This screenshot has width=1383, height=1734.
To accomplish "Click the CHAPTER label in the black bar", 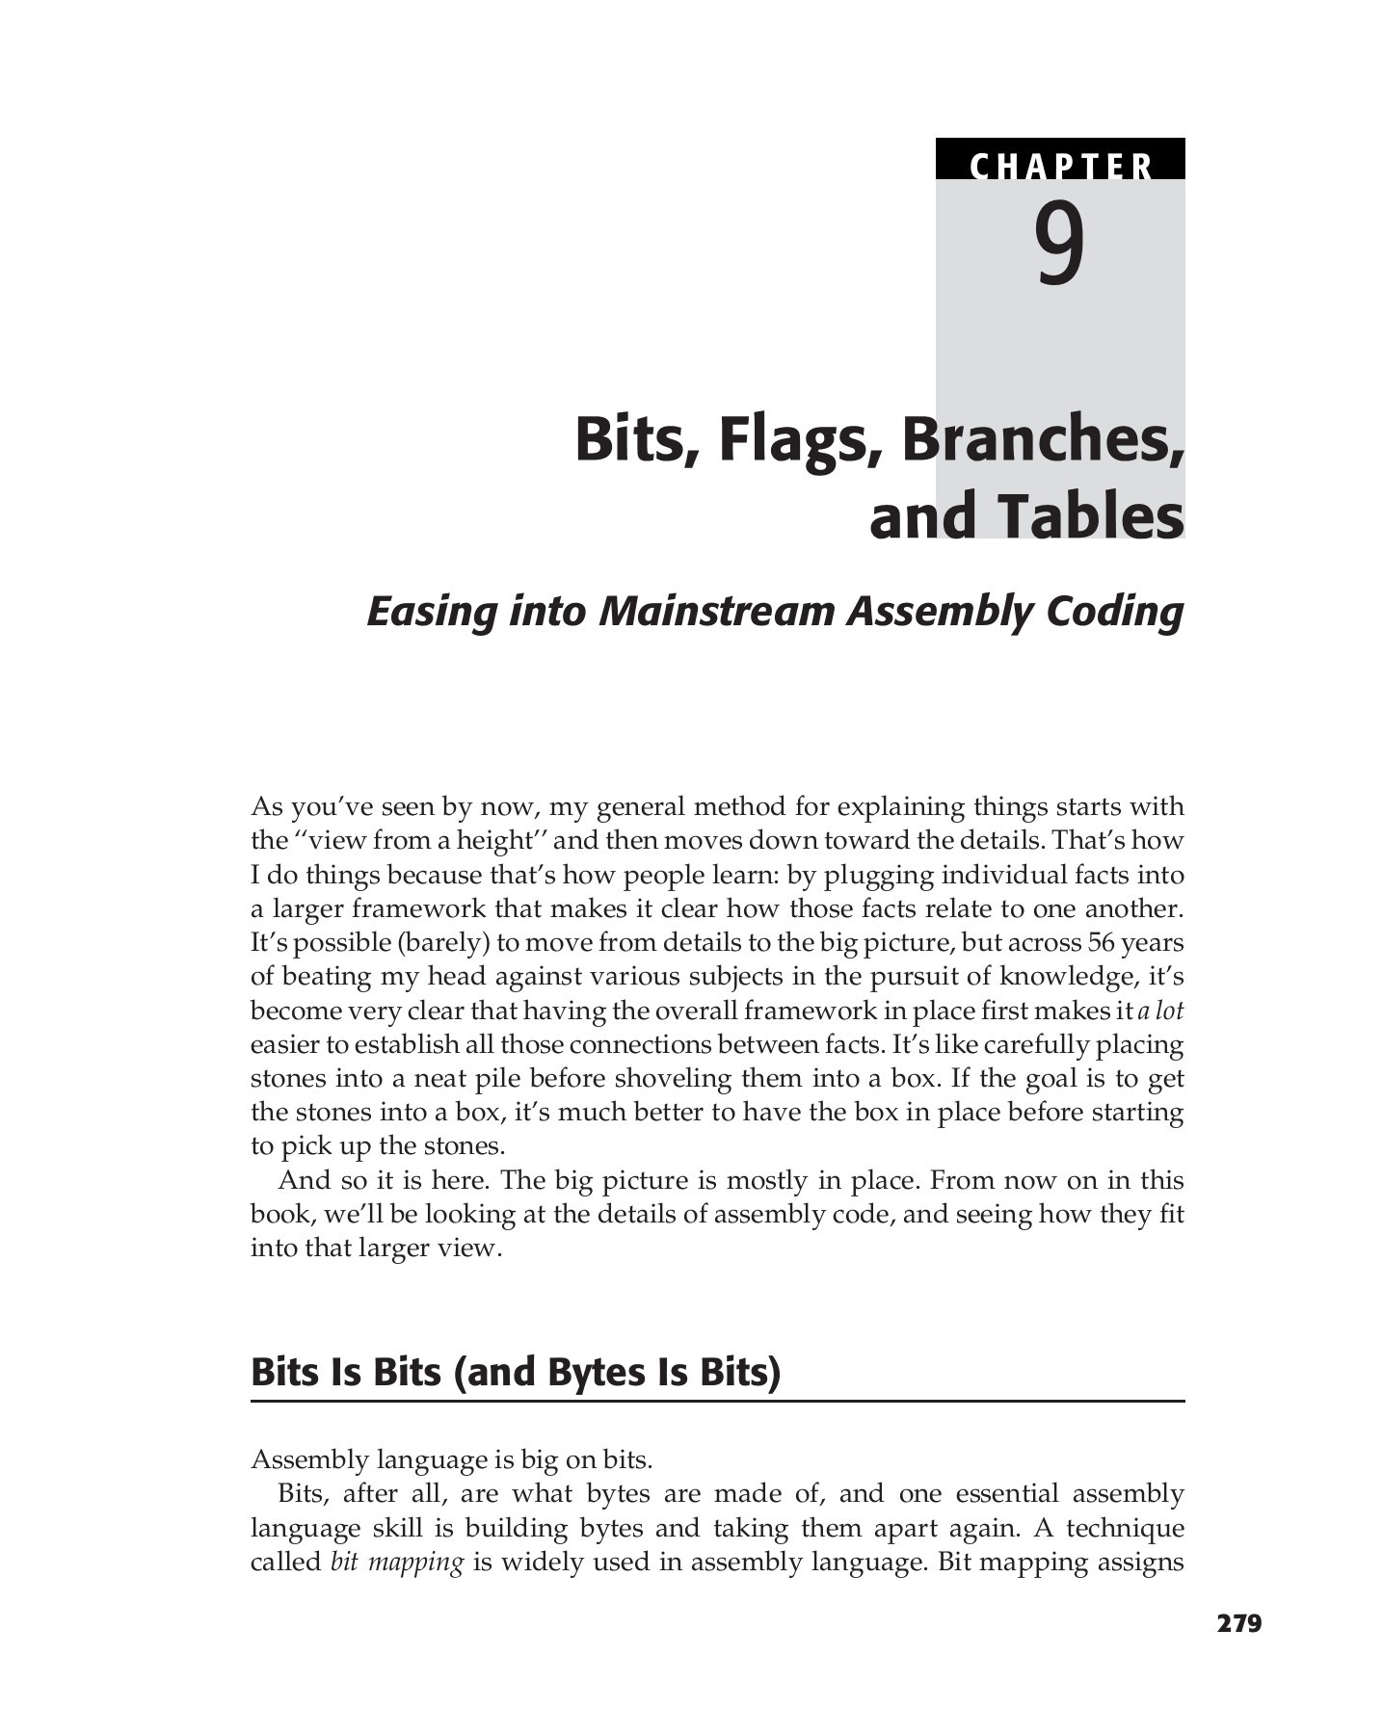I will coord(1060,166).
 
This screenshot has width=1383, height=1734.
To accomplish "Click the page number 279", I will coord(1239,1624).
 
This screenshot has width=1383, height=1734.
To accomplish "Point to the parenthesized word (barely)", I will coord(442,943).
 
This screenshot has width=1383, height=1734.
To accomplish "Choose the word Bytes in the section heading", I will coord(597,1371).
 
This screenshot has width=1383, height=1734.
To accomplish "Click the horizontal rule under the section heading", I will coord(717,1401).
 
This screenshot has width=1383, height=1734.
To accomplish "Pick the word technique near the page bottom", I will coord(1125,1528).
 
